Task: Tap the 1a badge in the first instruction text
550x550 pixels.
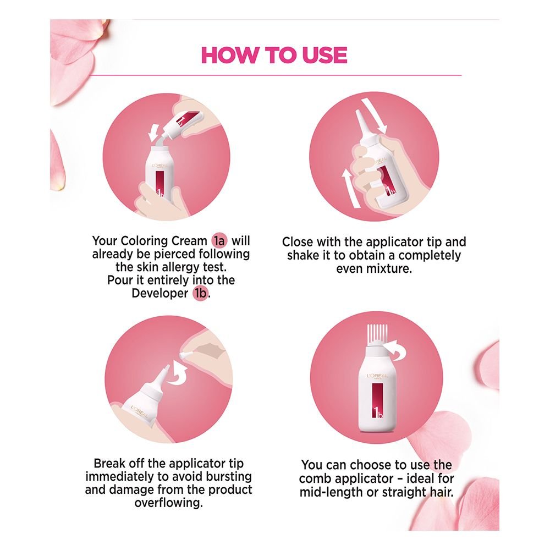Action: click(219, 241)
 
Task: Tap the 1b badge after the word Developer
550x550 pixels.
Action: click(200, 293)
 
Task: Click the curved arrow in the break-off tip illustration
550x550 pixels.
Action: click(178, 375)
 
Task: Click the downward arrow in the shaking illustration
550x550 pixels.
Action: click(374, 116)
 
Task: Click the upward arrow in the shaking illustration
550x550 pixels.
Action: click(350, 188)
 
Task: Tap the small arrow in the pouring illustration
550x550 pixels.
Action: click(153, 133)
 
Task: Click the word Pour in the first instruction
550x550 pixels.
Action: click(120, 280)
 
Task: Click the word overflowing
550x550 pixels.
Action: click(169, 503)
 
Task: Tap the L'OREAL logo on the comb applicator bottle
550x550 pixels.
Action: click(377, 376)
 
